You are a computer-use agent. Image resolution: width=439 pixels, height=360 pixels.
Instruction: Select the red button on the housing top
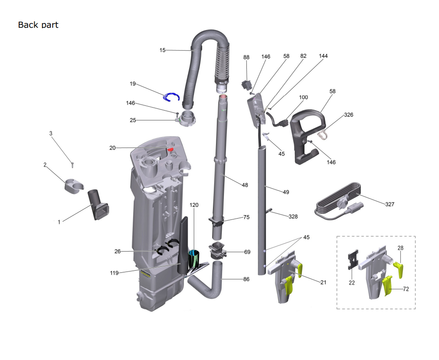tap(170, 150)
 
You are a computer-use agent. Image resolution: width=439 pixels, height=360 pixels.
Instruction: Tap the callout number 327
tap(390, 204)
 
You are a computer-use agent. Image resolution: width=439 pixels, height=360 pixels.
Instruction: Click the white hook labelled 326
tap(322, 135)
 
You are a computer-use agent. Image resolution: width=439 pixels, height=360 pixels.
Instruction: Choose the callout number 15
tap(162, 50)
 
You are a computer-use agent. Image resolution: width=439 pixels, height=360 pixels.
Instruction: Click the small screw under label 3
tap(72, 165)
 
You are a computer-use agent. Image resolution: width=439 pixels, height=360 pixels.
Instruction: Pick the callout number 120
tap(194, 205)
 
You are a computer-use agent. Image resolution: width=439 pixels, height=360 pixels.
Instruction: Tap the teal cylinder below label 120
tap(193, 259)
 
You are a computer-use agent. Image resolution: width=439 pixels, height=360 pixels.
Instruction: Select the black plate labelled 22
tap(353, 259)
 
